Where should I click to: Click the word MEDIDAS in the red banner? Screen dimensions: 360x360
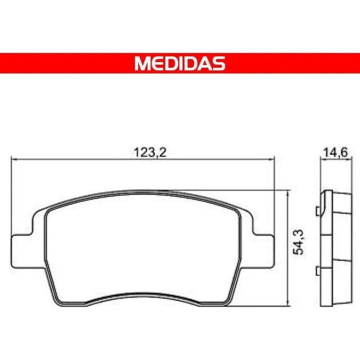point(180,63)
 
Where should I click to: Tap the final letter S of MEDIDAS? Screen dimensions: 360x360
point(219,63)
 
